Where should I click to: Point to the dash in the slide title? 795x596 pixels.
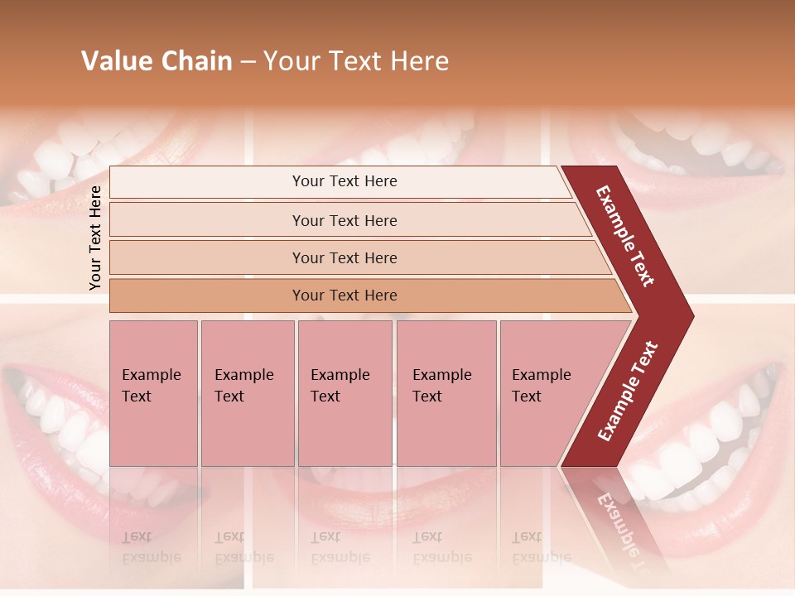[x=248, y=62]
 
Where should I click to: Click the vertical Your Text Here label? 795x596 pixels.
[x=95, y=238]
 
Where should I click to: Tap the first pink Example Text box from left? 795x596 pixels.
[x=153, y=393]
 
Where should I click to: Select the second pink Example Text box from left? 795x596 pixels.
[x=247, y=393]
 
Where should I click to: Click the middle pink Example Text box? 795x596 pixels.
[x=344, y=393]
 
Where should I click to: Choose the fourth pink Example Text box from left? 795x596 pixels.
[x=446, y=393]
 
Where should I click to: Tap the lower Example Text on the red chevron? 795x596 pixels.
[x=628, y=392]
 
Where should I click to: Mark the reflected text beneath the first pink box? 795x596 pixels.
[x=152, y=547]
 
